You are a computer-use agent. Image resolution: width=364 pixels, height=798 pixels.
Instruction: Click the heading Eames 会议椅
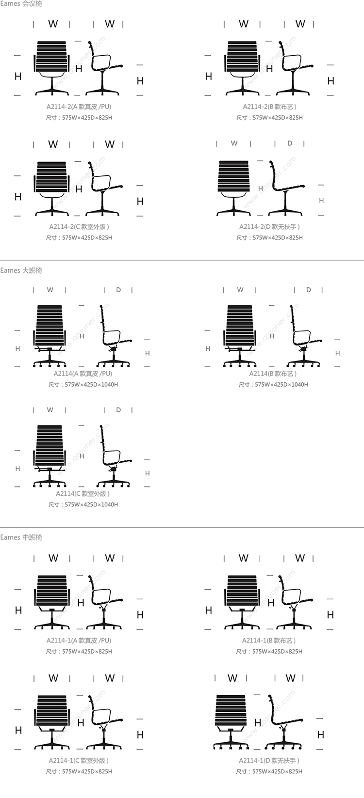click(x=21, y=4)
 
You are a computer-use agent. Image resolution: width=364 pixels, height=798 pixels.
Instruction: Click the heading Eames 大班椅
click(x=21, y=270)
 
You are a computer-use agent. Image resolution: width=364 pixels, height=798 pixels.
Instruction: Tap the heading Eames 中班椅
click(x=21, y=537)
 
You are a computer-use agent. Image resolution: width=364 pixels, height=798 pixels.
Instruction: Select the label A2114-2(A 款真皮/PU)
click(x=79, y=107)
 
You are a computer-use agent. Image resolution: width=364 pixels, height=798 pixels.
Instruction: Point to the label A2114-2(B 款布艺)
click(x=270, y=107)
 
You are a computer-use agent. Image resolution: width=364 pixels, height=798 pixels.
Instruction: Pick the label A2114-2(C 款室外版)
click(x=79, y=227)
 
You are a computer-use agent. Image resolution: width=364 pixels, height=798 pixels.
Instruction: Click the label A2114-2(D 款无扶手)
click(x=270, y=227)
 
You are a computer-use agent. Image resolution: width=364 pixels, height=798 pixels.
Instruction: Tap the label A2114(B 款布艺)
click(x=273, y=374)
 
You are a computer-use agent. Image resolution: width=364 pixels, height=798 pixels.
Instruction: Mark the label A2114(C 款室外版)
click(x=83, y=494)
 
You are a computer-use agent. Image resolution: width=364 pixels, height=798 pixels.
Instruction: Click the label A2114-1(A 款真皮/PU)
click(x=79, y=641)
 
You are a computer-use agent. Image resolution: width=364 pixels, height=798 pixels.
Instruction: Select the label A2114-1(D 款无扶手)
click(x=269, y=761)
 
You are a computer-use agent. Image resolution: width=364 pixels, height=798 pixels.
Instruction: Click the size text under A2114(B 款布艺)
click(x=273, y=385)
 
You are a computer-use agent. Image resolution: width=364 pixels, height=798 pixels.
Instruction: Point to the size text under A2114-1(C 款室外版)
click(x=79, y=771)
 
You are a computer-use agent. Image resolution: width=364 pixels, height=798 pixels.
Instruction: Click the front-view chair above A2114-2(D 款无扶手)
click(x=233, y=188)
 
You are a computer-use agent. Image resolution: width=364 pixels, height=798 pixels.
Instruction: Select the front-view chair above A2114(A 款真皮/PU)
click(x=50, y=336)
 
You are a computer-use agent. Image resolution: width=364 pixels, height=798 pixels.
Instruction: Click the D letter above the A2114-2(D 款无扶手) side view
click(x=290, y=143)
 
